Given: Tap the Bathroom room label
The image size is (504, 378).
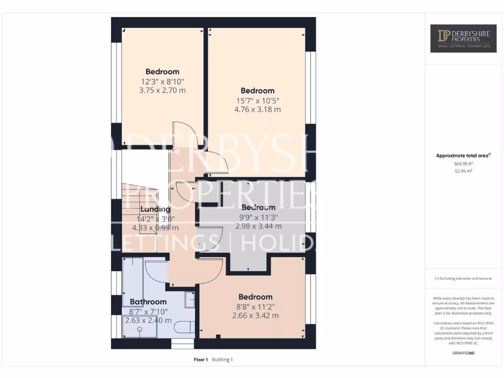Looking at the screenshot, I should (148, 302).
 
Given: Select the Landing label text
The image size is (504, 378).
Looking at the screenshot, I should (155, 209).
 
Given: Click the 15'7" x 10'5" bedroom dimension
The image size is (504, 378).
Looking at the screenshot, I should (257, 100).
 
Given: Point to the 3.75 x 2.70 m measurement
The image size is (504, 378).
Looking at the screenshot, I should (162, 90).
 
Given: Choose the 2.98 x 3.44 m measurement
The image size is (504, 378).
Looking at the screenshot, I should (258, 226).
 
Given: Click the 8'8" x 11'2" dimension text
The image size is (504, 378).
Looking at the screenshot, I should (255, 306).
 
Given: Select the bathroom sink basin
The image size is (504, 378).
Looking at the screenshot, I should (189, 299).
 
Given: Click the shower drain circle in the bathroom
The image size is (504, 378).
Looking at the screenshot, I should (140, 329).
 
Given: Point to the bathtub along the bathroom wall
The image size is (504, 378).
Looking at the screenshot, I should (132, 276).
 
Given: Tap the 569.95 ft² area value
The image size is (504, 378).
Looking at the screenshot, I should (463, 163).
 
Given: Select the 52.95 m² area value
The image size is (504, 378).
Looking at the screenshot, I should (463, 171).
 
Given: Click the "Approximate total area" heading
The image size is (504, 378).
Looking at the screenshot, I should (463, 156).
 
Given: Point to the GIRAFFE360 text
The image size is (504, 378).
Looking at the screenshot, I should (463, 353).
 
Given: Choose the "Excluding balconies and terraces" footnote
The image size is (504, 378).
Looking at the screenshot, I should (463, 279).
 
